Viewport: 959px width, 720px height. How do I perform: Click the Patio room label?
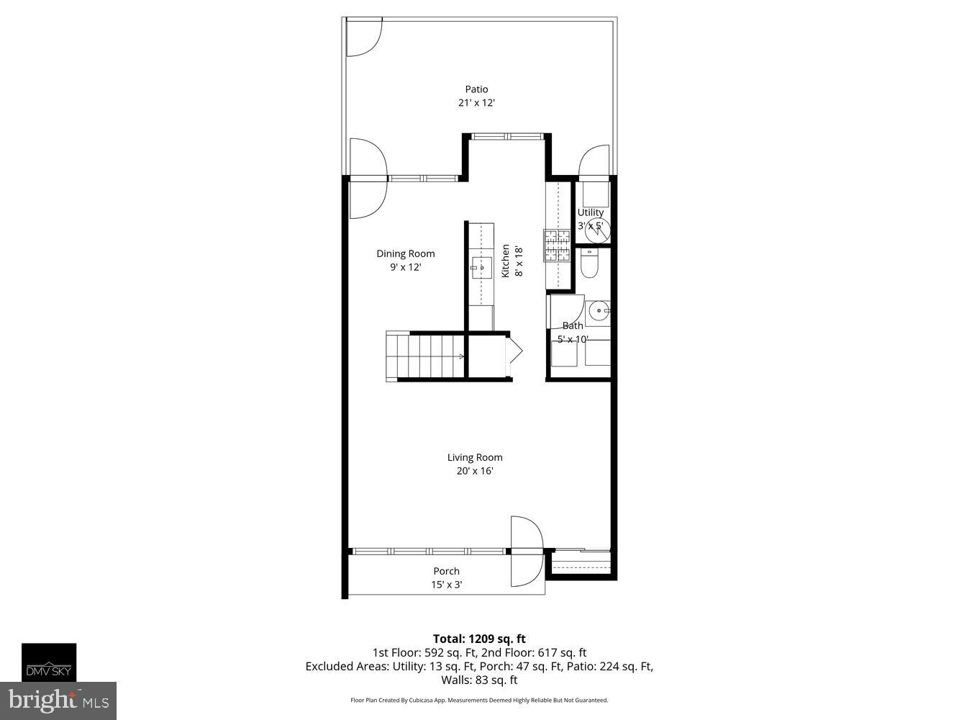click(x=476, y=89)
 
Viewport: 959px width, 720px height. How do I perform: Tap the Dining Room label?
click(x=406, y=253)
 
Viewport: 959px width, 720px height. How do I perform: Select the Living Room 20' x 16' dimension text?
click(x=475, y=472)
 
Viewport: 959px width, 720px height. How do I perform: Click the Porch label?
click(x=446, y=571)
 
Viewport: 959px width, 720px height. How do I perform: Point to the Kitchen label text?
click(x=506, y=261)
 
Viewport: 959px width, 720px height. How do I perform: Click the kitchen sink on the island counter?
click(x=481, y=267)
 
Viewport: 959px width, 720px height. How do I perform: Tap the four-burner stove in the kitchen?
click(x=556, y=246)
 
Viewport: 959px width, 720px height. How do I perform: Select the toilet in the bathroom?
click(x=588, y=264)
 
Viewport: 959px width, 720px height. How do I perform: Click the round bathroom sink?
click(x=598, y=312)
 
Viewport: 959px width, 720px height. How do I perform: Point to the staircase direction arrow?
click(x=460, y=356)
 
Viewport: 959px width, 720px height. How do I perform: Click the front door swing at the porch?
click(x=526, y=551)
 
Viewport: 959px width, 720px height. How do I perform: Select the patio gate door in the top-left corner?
click(x=363, y=37)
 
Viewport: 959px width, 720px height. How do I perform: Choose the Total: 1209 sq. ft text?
click(x=479, y=639)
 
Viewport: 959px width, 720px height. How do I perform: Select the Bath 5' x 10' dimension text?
click(x=573, y=339)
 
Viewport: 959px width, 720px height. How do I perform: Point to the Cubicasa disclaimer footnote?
click(x=479, y=700)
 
